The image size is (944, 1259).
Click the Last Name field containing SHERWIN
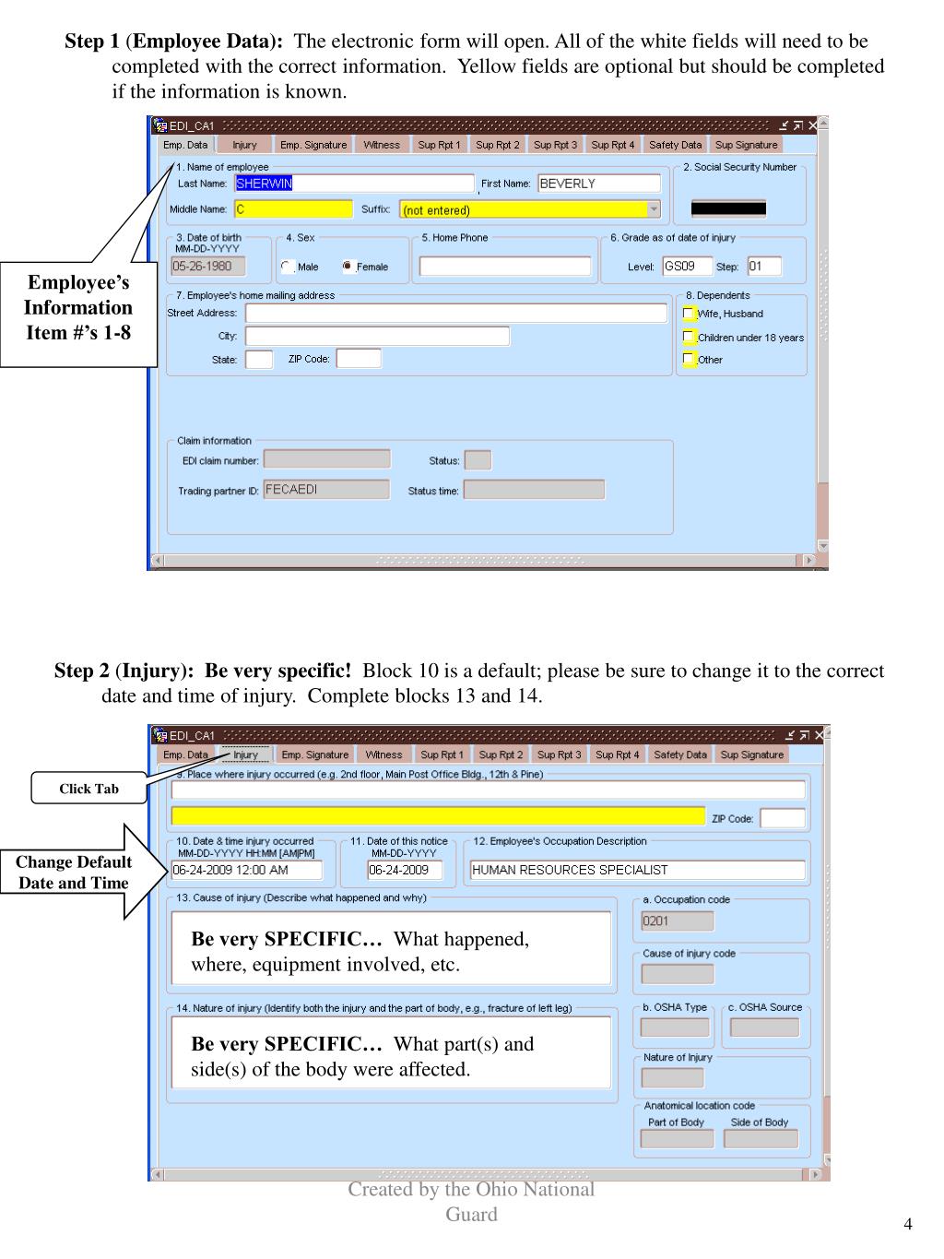tap(354, 184)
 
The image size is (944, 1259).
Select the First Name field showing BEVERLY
tap(599, 184)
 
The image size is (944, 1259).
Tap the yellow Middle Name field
tap(293, 209)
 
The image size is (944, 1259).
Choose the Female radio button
tap(348, 267)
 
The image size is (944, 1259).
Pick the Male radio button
tap(287, 267)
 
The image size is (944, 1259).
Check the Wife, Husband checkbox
tap(689, 314)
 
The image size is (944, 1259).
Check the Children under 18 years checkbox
tap(689, 337)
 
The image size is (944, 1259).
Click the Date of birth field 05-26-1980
tap(208, 267)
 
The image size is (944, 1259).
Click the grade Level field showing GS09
tap(687, 267)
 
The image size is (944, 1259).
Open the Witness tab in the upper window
tap(381, 145)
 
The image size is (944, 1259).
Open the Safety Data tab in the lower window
tap(680, 754)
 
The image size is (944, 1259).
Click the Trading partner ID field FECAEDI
tap(326, 490)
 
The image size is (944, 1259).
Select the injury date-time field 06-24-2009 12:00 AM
tap(247, 870)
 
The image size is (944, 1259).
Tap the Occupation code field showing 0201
tap(677, 920)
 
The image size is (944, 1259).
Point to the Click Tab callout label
tap(88, 789)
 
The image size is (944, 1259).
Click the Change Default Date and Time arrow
tap(74, 873)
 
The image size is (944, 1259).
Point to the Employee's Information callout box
tap(78, 308)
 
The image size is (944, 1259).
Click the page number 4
tap(908, 1224)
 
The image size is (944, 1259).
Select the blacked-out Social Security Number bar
tap(728, 208)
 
